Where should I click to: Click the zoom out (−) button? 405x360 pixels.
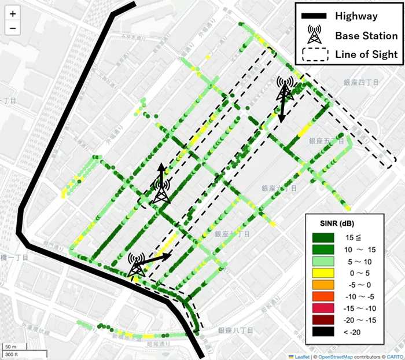13,28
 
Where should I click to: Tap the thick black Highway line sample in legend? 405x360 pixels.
314,16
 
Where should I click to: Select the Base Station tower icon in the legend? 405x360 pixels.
314,35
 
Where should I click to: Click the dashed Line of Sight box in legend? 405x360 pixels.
314,54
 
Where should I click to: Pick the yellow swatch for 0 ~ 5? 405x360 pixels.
323,273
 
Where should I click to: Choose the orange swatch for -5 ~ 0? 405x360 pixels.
323,285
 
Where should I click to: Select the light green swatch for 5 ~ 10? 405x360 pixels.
323,261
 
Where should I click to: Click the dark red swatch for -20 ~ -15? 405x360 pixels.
323,319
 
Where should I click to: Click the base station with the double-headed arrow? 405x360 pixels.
285,90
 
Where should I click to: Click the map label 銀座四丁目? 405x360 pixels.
360,83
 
